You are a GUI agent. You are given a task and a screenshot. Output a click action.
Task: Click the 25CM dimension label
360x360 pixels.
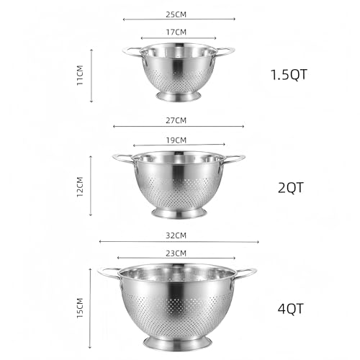tap(176, 14)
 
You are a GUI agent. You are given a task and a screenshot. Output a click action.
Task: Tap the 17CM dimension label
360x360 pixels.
tap(176, 32)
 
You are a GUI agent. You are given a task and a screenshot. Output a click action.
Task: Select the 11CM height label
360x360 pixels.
tap(80, 75)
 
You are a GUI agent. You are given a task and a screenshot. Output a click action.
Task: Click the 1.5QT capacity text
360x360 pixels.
tap(289, 75)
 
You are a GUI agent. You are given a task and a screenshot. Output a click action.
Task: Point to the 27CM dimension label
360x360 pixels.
tap(176, 120)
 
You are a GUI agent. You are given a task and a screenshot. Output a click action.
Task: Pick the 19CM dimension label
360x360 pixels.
tap(176, 140)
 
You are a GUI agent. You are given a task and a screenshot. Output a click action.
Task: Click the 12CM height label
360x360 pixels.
tap(80, 186)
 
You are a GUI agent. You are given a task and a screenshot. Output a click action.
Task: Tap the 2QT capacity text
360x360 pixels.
tap(291, 188)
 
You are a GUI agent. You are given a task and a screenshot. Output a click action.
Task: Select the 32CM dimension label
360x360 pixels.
tap(176, 235)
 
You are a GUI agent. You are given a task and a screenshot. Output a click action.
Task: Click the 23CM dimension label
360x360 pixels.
tap(176, 253)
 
